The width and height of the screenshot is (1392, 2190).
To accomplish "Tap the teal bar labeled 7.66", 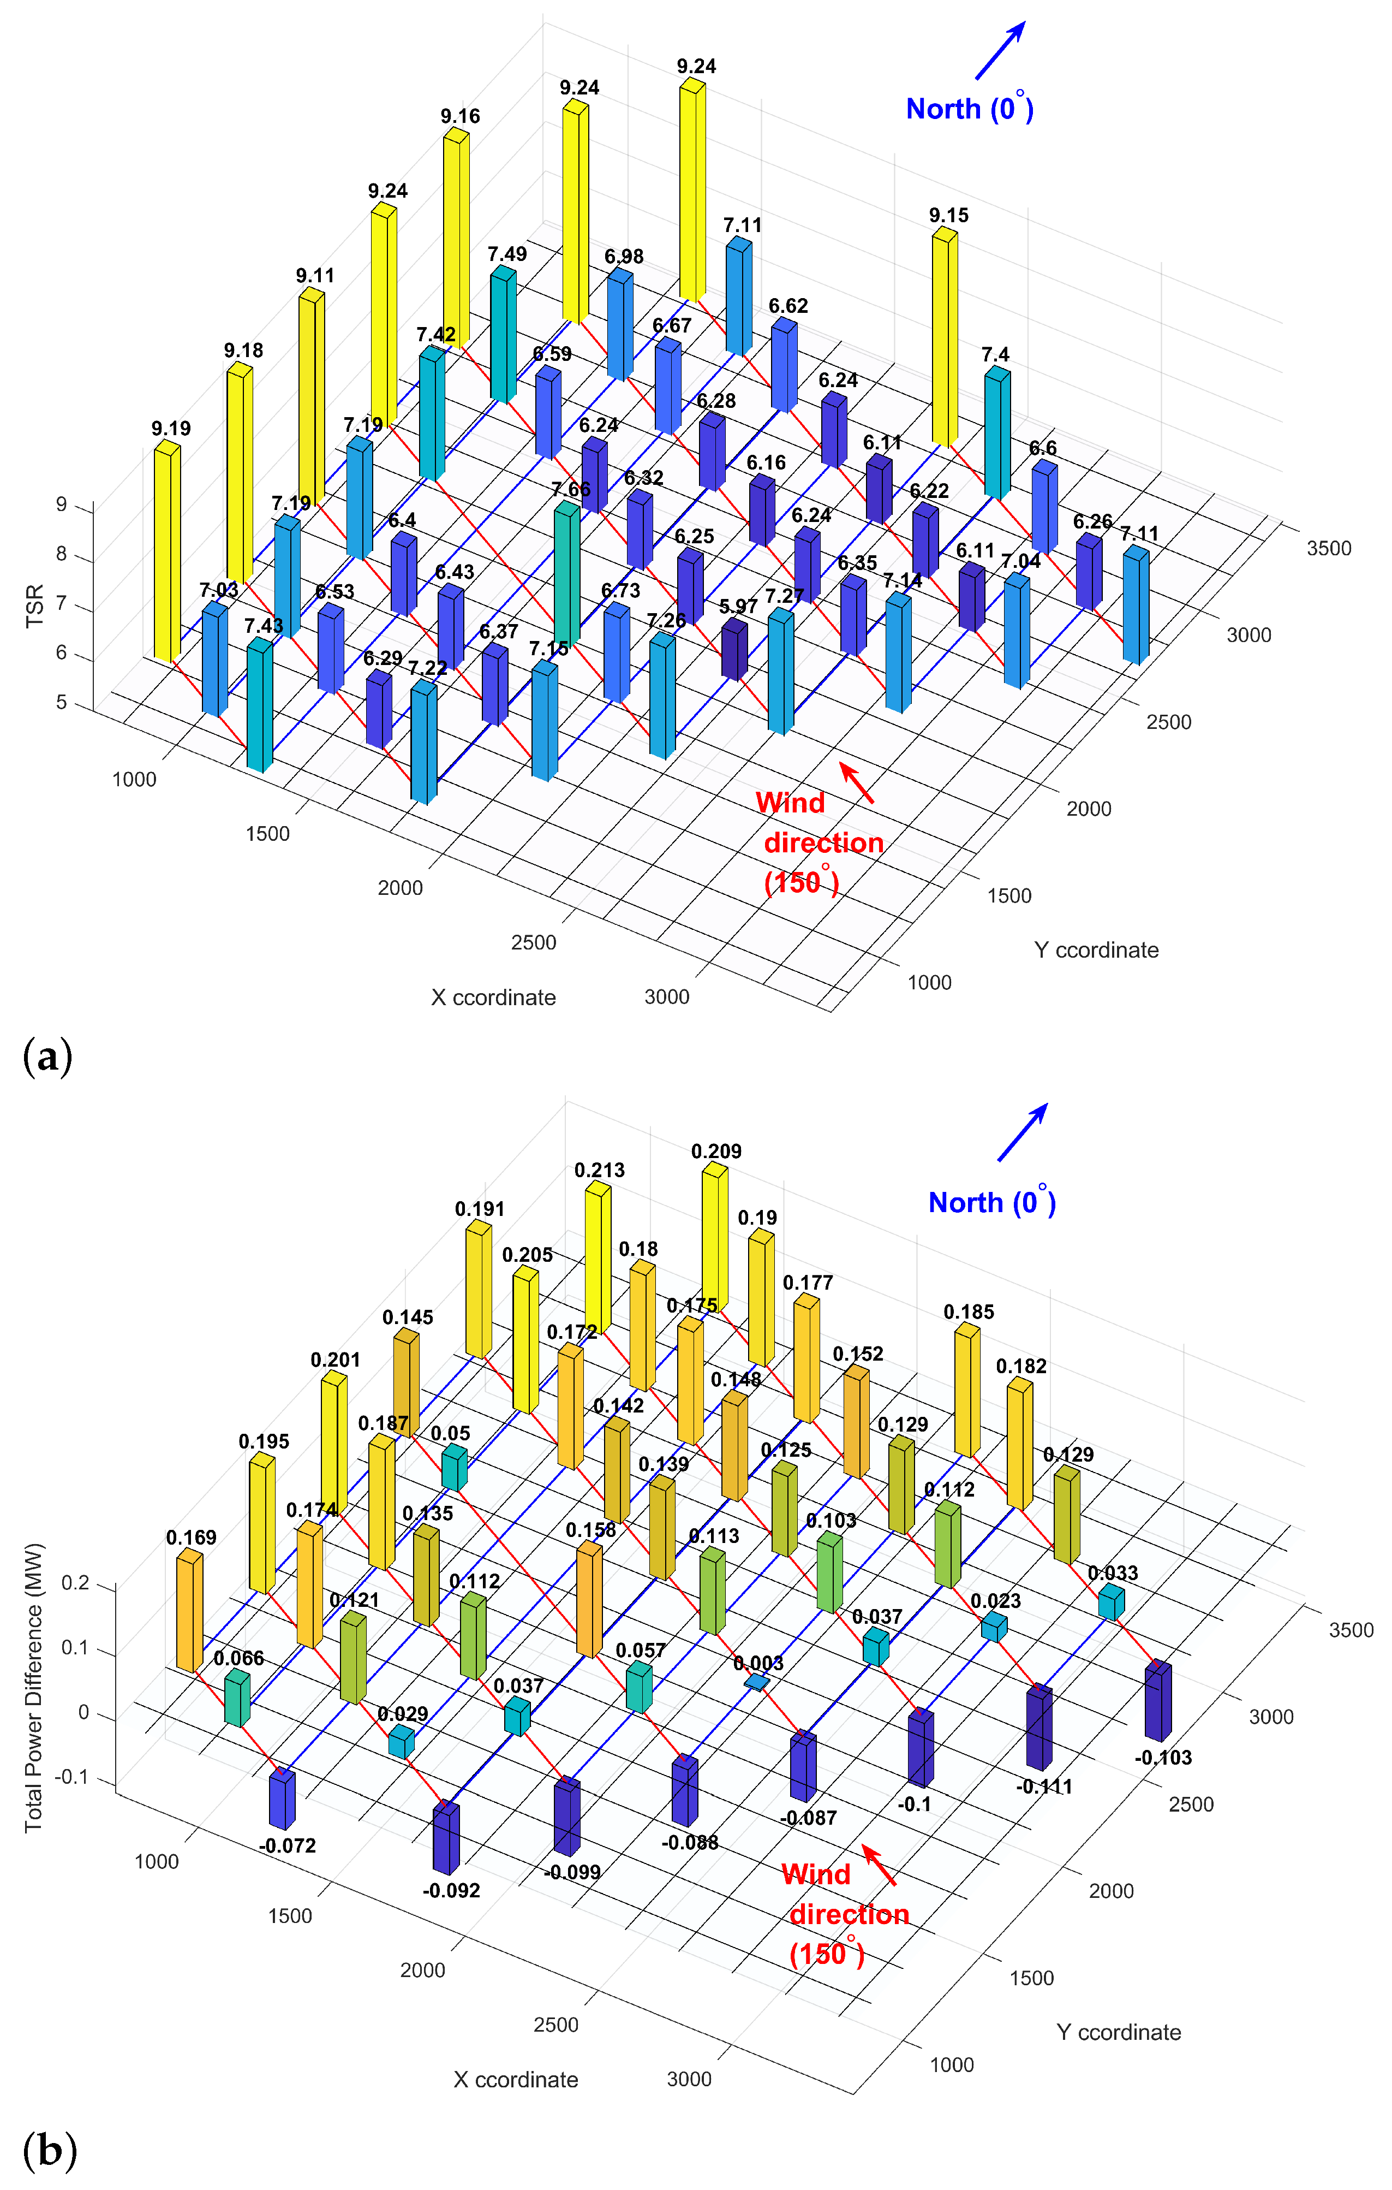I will point(567,573).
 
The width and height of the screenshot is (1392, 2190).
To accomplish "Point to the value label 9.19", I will point(171,429).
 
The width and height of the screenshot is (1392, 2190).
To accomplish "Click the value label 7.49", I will point(506,254).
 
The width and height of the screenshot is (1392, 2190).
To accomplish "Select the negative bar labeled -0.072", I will point(282,1799).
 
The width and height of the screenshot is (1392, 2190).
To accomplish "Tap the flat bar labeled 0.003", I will point(756,1683).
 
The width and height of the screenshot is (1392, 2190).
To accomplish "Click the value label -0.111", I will point(1044,1786).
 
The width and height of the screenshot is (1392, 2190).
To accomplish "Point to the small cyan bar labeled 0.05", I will point(453,1467).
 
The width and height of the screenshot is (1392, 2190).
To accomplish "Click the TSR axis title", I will point(34,606).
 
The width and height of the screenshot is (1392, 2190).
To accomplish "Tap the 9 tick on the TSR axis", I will point(62,505).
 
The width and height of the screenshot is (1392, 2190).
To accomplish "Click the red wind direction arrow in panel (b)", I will point(879,1865).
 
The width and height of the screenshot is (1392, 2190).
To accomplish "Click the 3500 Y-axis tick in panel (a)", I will point(1328,548).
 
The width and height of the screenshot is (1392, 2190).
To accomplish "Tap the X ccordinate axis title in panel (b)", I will point(516,2079).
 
